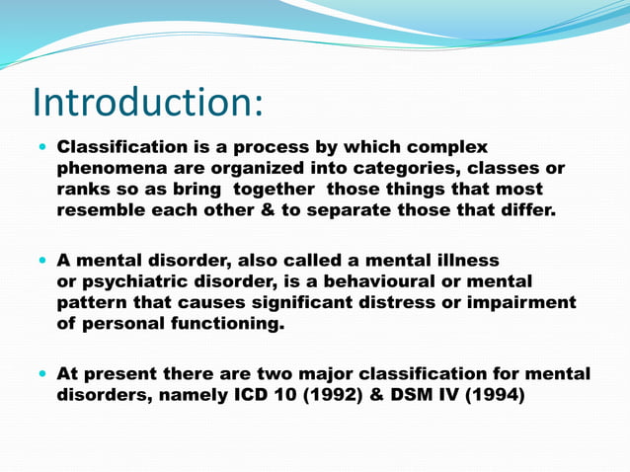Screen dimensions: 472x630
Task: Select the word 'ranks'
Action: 82,189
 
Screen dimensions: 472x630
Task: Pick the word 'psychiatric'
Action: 134,280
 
